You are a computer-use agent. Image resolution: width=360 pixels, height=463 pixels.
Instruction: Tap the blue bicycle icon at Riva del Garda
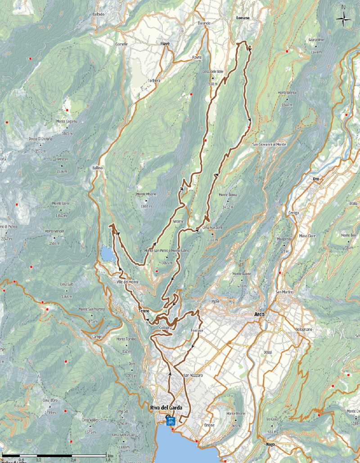(171, 422)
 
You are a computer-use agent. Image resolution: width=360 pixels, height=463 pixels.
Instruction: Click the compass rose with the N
(343, 18)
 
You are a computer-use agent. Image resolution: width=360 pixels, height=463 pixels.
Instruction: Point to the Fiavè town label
(165, 44)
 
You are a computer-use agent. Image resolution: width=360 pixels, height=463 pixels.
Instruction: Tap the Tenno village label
(144, 311)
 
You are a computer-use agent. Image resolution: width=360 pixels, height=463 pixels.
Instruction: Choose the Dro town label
(316, 179)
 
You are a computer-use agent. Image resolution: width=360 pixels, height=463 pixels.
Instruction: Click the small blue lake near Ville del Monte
(108, 254)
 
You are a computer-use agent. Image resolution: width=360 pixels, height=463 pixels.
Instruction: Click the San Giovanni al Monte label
(269, 144)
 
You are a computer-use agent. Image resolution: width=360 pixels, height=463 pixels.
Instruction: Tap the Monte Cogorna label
(67, 121)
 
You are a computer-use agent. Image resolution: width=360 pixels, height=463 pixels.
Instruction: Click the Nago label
(270, 444)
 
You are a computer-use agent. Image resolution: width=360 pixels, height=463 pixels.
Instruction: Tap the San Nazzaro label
(193, 375)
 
